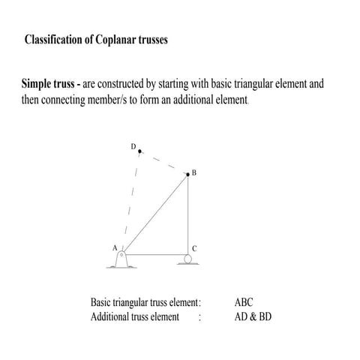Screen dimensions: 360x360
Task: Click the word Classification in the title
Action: pos(55,40)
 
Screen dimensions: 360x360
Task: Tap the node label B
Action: pos(193,173)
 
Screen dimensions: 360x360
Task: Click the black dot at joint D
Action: pos(139,151)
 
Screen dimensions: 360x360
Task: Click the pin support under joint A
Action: pos(123,259)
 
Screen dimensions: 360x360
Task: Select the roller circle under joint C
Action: pos(187,260)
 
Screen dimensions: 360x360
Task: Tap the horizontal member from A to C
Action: pos(156,254)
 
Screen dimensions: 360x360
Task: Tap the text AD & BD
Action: pos(253,316)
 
